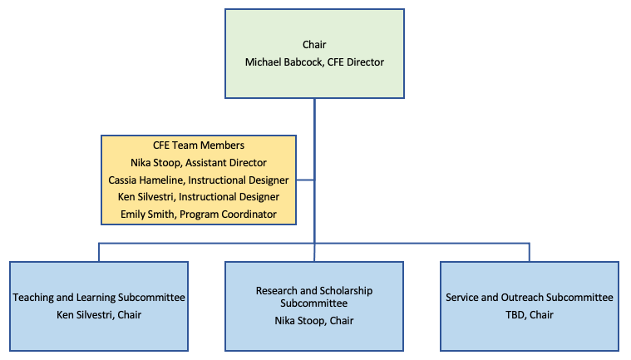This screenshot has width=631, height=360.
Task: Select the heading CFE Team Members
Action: [199, 145]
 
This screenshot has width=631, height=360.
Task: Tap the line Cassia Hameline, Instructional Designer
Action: [199, 180]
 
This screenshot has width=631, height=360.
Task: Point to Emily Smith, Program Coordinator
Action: [199, 215]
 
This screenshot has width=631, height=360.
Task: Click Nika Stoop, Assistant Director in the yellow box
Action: [199, 162]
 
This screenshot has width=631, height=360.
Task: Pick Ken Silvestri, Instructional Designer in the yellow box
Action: [199, 197]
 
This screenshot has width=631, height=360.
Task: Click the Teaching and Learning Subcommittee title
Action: [99, 298]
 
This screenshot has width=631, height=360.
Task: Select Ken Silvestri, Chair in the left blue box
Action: [99, 314]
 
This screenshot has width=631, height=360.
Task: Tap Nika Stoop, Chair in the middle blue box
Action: [314, 321]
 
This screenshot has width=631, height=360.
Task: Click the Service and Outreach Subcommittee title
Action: [530, 298]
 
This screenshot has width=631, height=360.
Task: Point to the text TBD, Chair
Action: [530, 314]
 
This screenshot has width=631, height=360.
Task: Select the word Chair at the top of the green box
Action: [314, 44]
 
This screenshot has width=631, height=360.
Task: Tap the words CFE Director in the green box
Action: [356, 62]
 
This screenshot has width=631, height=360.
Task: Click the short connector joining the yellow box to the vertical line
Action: [305, 180]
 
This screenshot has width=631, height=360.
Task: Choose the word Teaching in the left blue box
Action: [33, 298]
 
